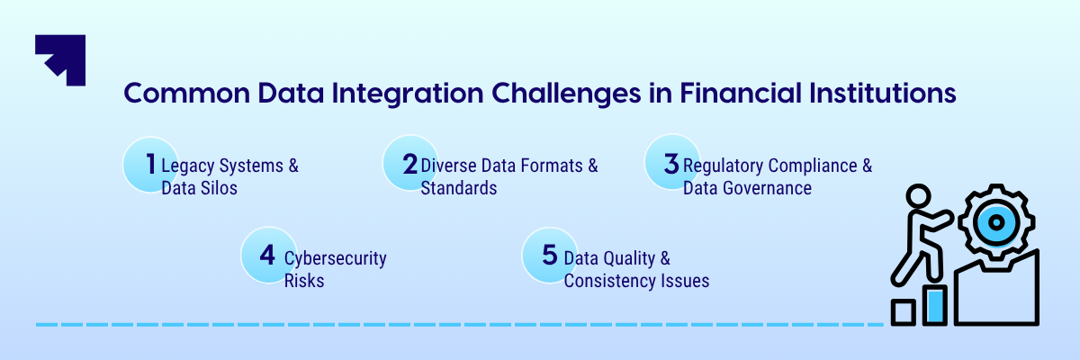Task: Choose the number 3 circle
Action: pos(671,164)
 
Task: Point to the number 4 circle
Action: pos(267,255)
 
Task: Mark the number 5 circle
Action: pos(549,255)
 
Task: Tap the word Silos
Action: pos(219,188)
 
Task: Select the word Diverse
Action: pos(449,166)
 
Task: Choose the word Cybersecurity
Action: pos(336,258)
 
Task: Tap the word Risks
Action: pos(304,281)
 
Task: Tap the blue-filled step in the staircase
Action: pos(936,305)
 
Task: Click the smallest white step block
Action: pos(903,312)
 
